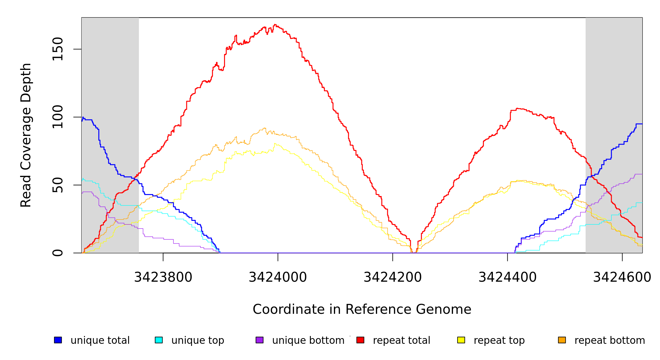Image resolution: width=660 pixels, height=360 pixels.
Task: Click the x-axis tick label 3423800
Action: click(x=163, y=277)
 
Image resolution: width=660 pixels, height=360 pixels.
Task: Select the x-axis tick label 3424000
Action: click(x=278, y=277)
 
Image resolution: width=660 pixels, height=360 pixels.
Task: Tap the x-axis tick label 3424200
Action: click(x=392, y=277)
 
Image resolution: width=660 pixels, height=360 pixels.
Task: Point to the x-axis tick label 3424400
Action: click(x=507, y=277)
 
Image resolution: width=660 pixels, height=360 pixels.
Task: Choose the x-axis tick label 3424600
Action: click(x=622, y=277)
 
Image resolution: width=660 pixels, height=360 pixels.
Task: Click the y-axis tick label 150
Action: click(x=58, y=49)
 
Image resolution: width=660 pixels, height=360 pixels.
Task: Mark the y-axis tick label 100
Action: click(x=58, y=117)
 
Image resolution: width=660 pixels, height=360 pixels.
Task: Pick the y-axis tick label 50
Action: click(x=58, y=185)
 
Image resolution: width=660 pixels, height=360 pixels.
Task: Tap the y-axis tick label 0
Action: click(x=58, y=253)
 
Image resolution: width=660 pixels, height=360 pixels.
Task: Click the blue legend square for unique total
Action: click(x=58, y=340)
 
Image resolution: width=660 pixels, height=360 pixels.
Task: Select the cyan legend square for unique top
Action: click(x=159, y=340)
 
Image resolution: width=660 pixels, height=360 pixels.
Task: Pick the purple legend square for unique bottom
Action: click(x=259, y=340)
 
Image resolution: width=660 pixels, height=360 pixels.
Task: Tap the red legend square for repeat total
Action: click(x=360, y=340)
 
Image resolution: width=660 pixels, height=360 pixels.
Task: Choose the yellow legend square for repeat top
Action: click(x=461, y=340)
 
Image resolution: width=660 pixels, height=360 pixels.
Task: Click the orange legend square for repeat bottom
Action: click(x=562, y=340)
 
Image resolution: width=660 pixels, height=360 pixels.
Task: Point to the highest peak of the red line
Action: click(x=275, y=25)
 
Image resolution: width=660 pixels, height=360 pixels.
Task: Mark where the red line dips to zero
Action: click(x=413, y=253)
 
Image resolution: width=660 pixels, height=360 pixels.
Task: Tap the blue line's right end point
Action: click(x=642, y=124)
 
